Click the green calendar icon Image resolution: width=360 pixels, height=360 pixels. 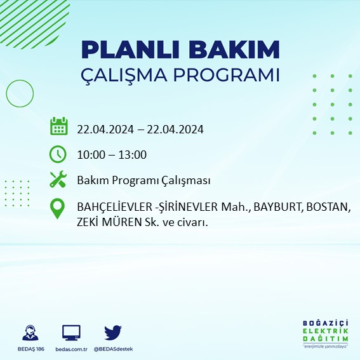click(58, 126)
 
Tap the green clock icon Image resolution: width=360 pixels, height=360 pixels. click(58, 154)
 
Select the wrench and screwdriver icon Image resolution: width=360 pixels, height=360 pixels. click(58, 180)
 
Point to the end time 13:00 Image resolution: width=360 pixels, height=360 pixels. click(133, 155)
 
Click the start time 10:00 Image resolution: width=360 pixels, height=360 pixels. click(90, 155)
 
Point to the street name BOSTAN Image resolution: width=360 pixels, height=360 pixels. click(328, 208)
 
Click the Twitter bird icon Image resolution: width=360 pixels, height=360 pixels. click(112, 332)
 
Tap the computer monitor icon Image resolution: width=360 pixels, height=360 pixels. click(71, 332)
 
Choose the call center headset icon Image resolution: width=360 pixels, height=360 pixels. click(29, 332)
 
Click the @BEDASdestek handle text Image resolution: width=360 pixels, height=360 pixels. click(112, 349)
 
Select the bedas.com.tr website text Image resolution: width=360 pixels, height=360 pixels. click(71, 349)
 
